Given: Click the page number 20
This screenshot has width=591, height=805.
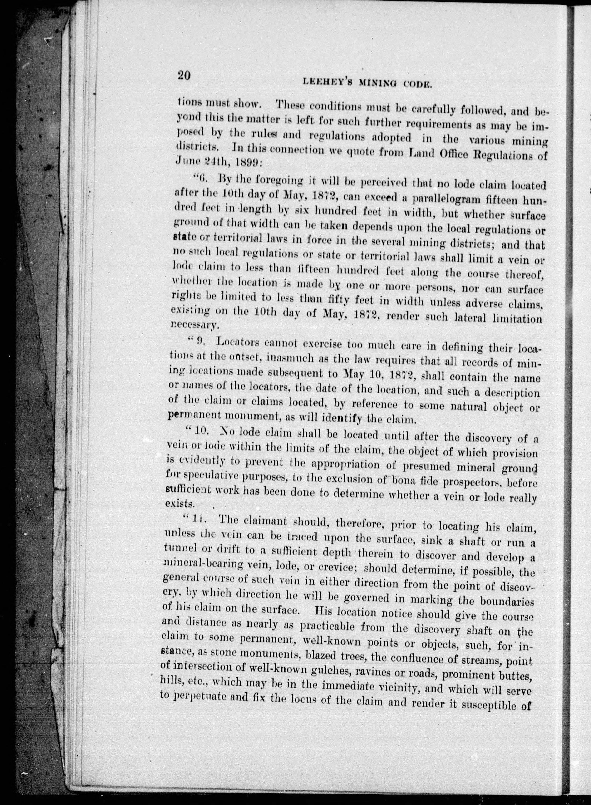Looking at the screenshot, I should tap(184, 76).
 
